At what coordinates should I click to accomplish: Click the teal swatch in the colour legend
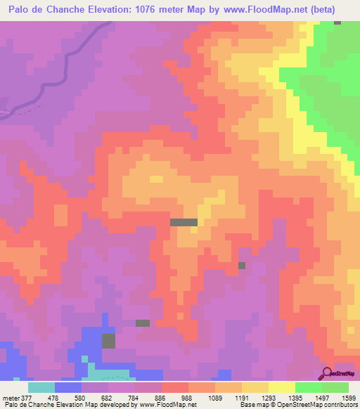pyautogui.click(x=41, y=387)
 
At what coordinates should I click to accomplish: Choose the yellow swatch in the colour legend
pyautogui.click(x=282, y=387)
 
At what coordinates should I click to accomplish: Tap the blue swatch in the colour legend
pyautogui.click(x=68, y=387)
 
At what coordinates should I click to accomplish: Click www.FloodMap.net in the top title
pyautogui.click(x=271, y=10)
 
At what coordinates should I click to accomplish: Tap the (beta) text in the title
pyautogui.click(x=323, y=10)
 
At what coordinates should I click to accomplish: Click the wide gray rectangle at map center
pyautogui.click(x=184, y=222)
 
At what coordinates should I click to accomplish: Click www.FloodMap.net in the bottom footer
pyautogui.click(x=167, y=404)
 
